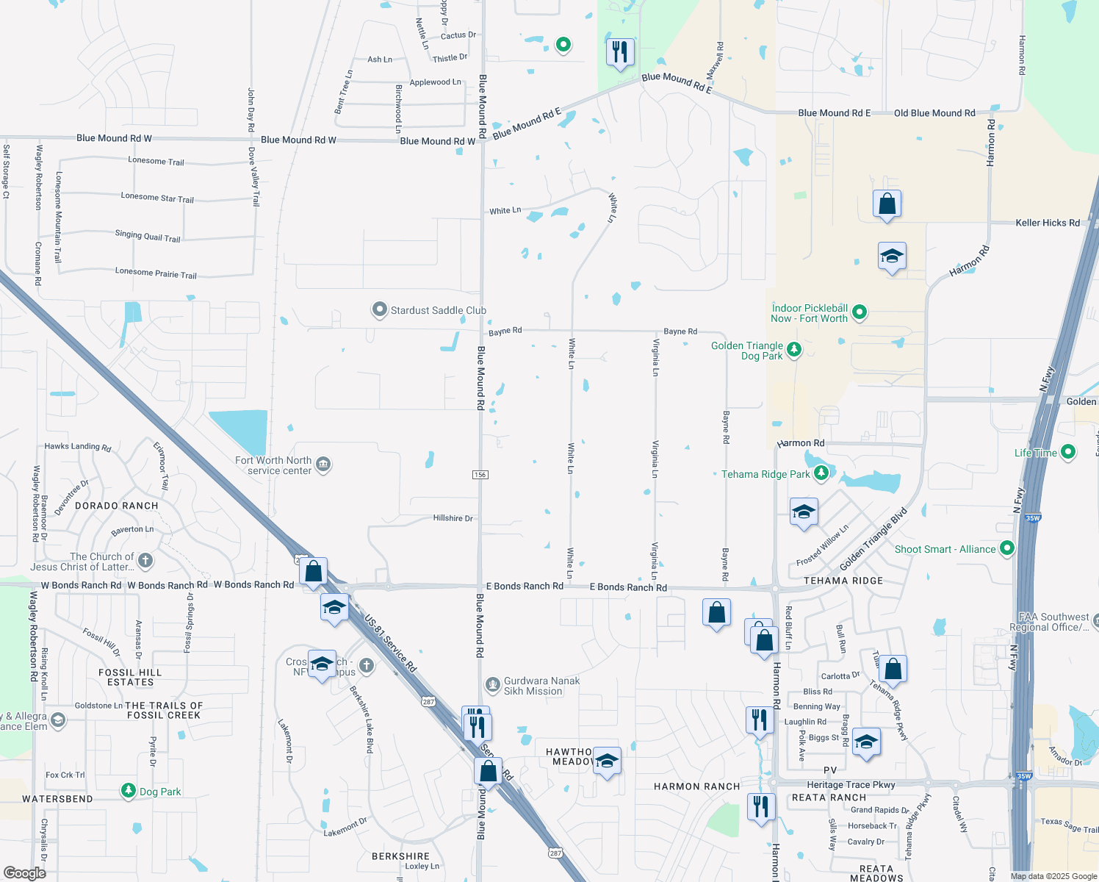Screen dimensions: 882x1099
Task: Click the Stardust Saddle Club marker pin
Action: click(x=379, y=310)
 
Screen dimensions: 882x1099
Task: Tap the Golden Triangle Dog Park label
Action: click(x=747, y=351)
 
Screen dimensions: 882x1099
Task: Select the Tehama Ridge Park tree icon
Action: click(x=821, y=473)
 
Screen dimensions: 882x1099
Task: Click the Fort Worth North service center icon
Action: click(x=323, y=465)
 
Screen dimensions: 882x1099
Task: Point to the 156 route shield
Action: click(x=480, y=475)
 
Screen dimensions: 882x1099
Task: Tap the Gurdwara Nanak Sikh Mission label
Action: click(x=541, y=686)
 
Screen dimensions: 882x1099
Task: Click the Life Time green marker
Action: click(x=1068, y=452)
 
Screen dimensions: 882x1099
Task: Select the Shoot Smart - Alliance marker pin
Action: click(x=1007, y=548)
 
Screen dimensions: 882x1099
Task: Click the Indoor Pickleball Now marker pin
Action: click(x=859, y=313)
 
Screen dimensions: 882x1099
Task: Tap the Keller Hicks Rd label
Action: click(x=1047, y=223)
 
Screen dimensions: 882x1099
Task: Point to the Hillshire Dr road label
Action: click(x=453, y=518)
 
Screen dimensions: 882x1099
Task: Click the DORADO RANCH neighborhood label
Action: click(x=117, y=506)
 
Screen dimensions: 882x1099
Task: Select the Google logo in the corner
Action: click(x=25, y=872)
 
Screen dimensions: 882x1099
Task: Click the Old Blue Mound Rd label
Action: click(x=934, y=113)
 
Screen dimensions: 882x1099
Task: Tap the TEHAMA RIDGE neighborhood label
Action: click(x=843, y=581)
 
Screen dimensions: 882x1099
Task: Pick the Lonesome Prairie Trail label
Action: click(x=156, y=273)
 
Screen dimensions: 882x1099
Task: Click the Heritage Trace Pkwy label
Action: click(x=851, y=785)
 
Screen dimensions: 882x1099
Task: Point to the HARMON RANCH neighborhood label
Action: click(x=696, y=786)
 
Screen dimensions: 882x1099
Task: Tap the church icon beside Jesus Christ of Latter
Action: click(x=145, y=561)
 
